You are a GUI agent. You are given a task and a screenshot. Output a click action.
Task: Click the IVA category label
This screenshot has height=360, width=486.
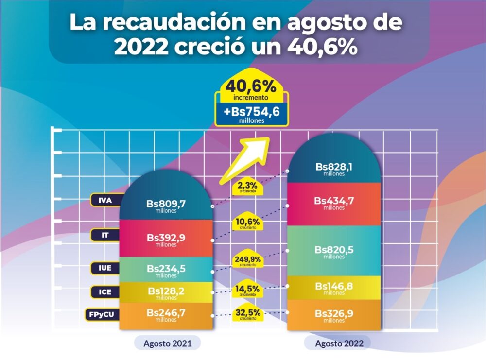click(105, 199)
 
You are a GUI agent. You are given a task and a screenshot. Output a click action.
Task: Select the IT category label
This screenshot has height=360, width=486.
click(105, 235)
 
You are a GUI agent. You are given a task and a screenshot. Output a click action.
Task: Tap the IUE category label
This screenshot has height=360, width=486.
click(105, 268)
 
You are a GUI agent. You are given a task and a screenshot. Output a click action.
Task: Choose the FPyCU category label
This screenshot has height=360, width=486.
click(102, 314)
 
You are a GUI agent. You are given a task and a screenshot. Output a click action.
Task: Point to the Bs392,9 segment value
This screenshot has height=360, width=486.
click(166, 239)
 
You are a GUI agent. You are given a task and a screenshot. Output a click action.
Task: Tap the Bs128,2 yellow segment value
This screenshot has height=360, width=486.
click(166, 292)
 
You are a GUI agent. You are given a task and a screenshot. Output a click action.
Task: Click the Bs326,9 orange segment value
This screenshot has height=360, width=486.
click(334, 314)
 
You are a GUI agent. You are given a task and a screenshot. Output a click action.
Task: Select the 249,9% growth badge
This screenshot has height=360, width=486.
click(248, 261)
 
